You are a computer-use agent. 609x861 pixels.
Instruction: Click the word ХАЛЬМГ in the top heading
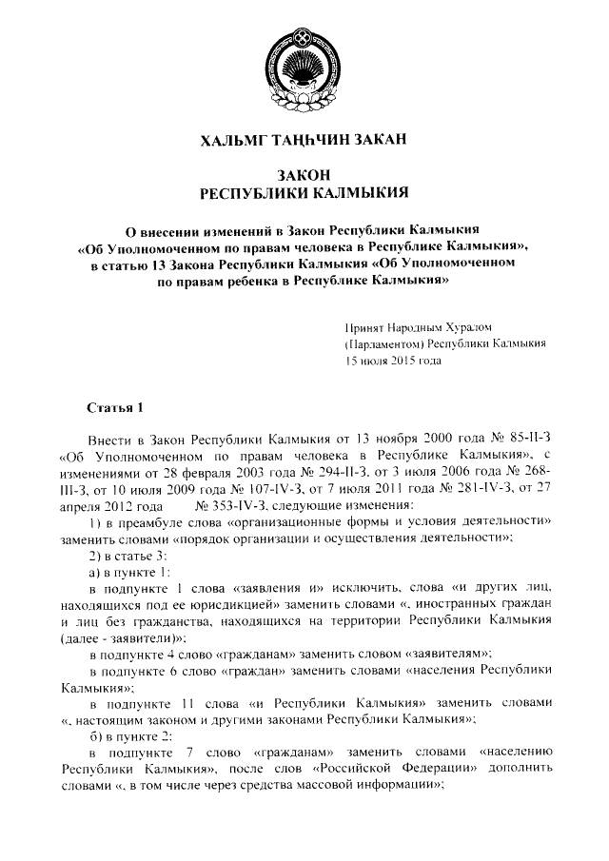coord(235,141)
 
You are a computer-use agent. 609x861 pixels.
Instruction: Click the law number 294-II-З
coord(328,478)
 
